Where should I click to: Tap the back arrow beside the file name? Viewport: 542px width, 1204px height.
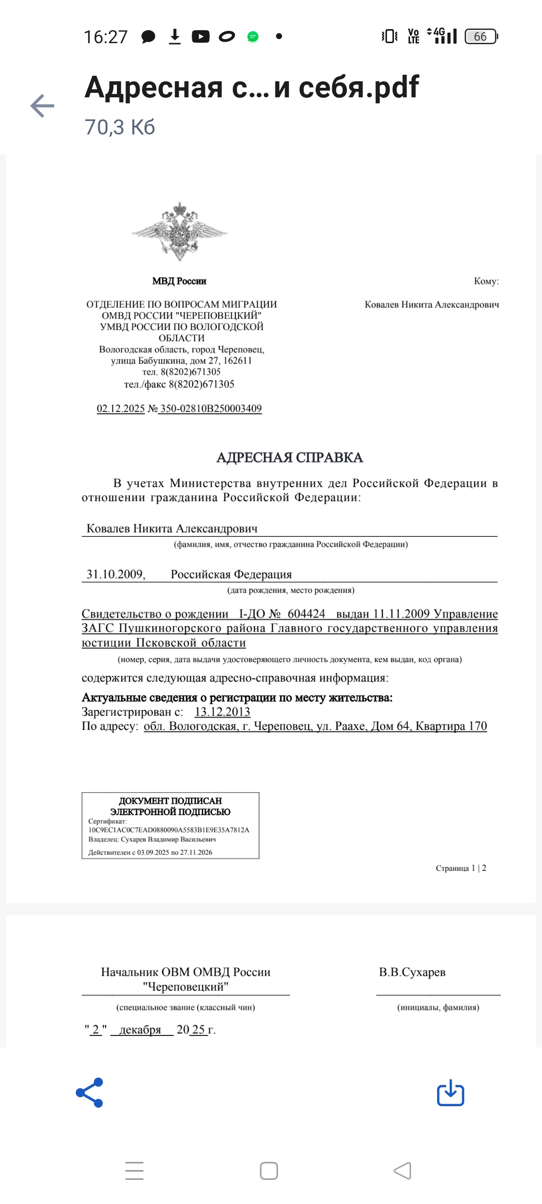43,106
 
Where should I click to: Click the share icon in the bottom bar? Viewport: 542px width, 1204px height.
90,1092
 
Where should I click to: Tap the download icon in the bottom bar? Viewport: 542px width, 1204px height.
450,1092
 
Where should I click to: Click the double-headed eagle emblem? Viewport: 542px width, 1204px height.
180,232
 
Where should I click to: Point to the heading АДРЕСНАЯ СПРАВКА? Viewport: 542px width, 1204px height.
290,458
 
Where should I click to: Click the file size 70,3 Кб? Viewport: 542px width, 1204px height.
119,127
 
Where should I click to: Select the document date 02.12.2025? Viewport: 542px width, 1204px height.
120,408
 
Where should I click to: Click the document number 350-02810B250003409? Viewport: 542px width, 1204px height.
211,408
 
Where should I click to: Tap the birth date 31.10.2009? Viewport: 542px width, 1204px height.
115,574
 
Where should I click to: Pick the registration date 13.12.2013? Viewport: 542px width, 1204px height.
222,712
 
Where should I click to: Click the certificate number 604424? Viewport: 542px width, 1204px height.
306,614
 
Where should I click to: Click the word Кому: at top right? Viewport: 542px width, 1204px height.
486,281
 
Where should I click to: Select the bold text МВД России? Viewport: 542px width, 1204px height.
179,281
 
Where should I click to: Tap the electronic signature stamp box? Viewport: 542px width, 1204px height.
171,825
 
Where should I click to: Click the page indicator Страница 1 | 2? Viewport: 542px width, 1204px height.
461,868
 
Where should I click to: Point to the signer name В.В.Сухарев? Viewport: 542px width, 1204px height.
412,972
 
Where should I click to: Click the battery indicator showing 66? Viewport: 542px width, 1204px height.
480,37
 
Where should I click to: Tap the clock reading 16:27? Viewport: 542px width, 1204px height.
105,37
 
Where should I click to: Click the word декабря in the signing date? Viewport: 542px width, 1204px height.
140,1029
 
